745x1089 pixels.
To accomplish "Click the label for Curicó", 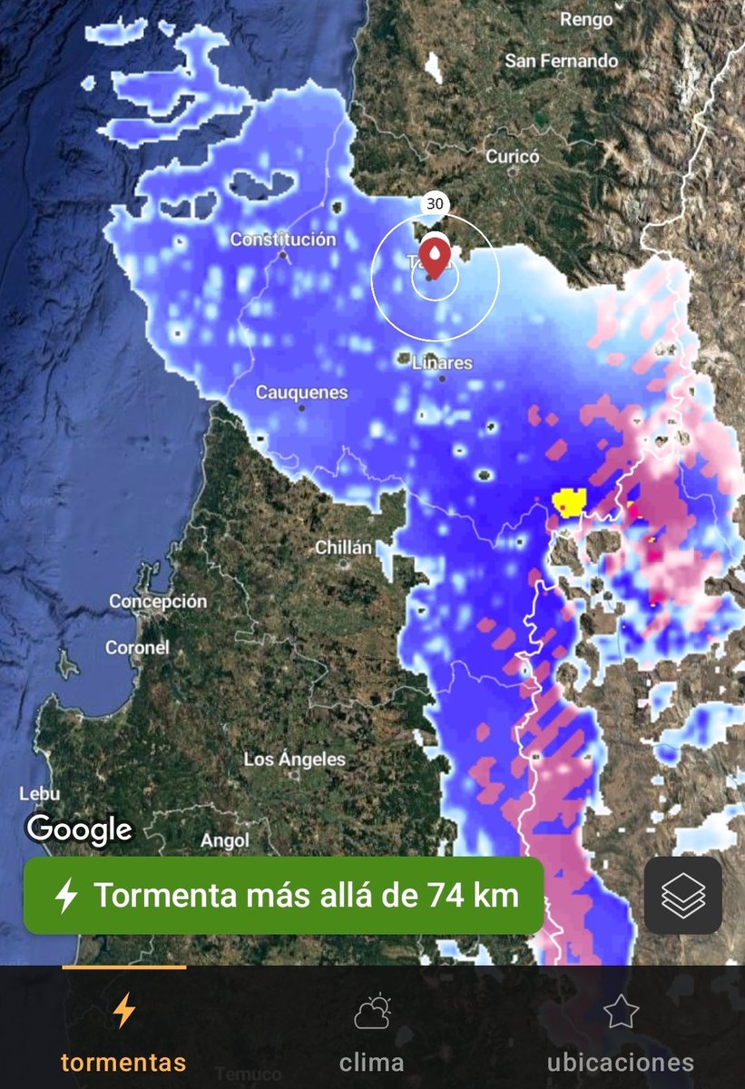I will point(513,156).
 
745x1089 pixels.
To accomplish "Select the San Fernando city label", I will point(561,61).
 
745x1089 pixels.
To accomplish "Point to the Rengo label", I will point(586,18).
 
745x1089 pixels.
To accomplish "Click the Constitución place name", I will point(282,240).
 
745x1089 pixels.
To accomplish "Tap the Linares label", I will point(443,363).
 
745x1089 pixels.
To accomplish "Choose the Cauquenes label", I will point(301,393).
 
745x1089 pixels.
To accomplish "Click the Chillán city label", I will point(344,547).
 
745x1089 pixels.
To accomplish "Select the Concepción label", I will point(158,601).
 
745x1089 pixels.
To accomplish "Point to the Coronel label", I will point(137,648).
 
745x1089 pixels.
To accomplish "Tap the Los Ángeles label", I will point(295,760).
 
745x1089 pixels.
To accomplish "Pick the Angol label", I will point(224,841).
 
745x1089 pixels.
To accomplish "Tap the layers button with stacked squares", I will point(683,896).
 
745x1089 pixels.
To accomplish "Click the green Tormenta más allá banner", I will point(283,896).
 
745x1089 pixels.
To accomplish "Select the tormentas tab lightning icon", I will point(123,1011).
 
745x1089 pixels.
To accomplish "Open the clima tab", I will point(372,1035).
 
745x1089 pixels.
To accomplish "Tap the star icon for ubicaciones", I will point(621,1011).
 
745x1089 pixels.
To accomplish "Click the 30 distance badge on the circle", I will point(435,203).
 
